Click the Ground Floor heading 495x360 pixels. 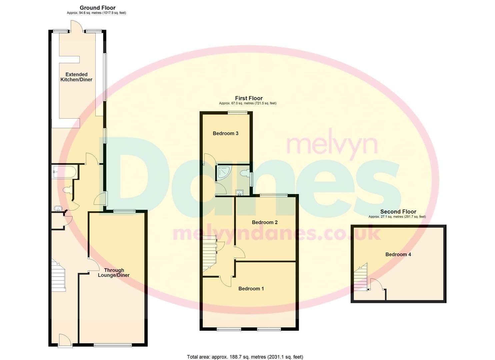(x=97, y=8)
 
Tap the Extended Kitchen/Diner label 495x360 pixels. (x=76, y=77)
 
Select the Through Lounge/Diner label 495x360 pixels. (x=114, y=273)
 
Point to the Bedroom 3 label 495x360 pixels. (x=225, y=133)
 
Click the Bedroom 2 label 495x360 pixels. (x=264, y=222)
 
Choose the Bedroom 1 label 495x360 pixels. (x=251, y=289)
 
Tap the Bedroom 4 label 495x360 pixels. (x=398, y=254)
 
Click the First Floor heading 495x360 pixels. (x=249, y=98)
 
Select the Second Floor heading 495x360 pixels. (x=398, y=212)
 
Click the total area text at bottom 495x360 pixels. (x=245, y=357)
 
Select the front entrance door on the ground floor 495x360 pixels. (x=65, y=341)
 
